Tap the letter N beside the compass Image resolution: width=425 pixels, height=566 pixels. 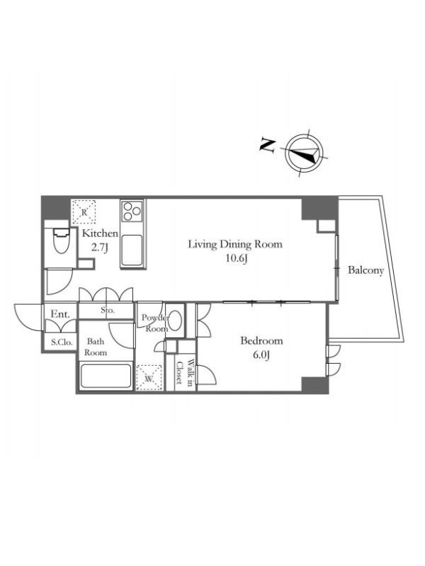pyautogui.click(x=268, y=145)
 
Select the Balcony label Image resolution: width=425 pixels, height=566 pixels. pyautogui.click(x=365, y=270)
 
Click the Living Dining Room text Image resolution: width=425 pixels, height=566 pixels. pyautogui.click(x=235, y=244)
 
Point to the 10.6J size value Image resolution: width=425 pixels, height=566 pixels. pyautogui.click(x=236, y=259)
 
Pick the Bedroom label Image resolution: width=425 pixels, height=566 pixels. pyautogui.click(x=261, y=341)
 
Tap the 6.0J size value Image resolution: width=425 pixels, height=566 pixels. pyautogui.click(x=261, y=356)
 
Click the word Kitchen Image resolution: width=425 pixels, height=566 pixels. pyautogui.click(x=100, y=233)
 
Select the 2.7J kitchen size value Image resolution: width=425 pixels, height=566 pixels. pyautogui.click(x=100, y=248)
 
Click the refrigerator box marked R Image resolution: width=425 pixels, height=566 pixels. pyautogui.click(x=84, y=212)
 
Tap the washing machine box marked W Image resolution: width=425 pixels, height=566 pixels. pyautogui.click(x=149, y=378)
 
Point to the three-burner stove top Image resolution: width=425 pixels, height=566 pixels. pyautogui.click(x=132, y=212)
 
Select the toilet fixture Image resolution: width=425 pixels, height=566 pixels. pyautogui.click(x=62, y=241)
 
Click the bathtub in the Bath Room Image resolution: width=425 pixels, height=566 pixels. pyautogui.click(x=106, y=376)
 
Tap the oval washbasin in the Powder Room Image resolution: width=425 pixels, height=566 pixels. pyautogui.click(x=175, y=320)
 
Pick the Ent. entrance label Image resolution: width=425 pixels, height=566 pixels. pyautogui.click(x=60, y=314)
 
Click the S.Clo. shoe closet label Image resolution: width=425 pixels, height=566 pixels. pyautogui.click(x=62, y=342)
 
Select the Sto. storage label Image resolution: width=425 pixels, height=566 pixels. pyautogui.click(x=108, y=310)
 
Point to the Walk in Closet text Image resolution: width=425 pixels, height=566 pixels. pyautogui.click(x=184, y=373)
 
